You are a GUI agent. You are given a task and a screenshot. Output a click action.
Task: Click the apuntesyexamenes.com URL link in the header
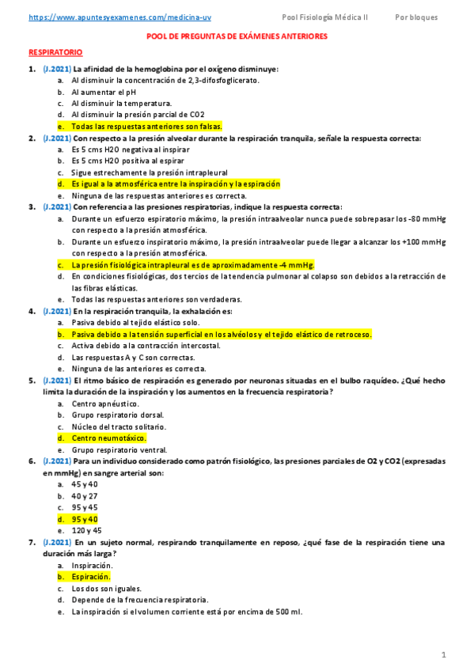click(x=114, y=17)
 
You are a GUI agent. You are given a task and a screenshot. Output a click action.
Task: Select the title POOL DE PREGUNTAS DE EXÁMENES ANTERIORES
click(x=237, y=36)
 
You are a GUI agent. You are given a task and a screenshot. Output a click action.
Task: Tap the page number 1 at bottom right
click(x=445, y=654)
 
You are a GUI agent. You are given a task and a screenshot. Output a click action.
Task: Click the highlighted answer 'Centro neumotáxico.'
click(x=108, y=438)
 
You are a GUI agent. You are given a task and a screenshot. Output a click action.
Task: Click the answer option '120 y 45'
click(x=86, y=531)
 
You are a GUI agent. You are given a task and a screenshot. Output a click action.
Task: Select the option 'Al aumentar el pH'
click(x=104, y=92)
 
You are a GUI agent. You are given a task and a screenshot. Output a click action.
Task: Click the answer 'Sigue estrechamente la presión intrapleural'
click(x=149, y=172)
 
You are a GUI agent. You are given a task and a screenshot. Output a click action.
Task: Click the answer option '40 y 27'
click(x=85, y=496)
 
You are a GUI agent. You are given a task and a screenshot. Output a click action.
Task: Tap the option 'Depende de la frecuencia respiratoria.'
click(x=139, y=600)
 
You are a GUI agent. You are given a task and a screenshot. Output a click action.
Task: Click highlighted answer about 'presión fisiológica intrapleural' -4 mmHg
click(x=192, y=265)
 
